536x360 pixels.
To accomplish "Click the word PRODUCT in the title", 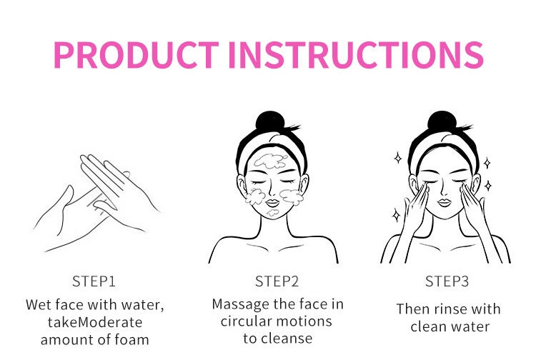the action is [136, 55].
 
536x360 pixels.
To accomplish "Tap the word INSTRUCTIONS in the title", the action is [356, 55].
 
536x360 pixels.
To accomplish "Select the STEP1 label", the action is [94, 281].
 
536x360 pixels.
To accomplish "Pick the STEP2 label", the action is [277, 281].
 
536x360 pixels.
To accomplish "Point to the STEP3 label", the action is [447, 281].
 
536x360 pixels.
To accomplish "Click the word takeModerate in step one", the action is [95, 322].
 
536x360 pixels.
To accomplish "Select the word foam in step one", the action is [131, 340].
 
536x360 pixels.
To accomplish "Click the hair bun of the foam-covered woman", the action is [271, 121].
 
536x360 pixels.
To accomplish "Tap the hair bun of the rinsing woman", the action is [442, 121].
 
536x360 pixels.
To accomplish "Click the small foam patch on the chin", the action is [272, 213].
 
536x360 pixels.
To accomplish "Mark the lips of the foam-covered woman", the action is [272, 202].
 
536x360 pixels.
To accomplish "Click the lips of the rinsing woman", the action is [444, 202].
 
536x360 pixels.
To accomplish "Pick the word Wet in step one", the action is [39, 305].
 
